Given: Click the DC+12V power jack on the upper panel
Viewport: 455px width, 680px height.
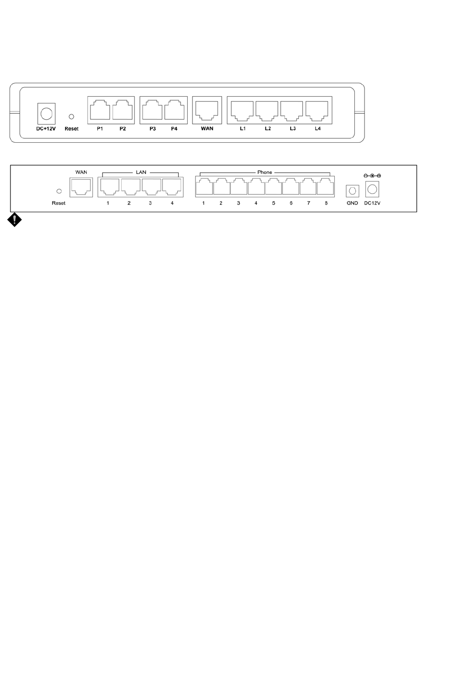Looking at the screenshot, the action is coord(46,113).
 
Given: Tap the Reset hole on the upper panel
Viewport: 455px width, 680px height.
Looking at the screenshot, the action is coord(71,116).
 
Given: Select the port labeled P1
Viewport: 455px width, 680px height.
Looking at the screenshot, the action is coord(100,111).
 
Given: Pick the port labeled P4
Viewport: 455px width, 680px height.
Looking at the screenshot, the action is coord(174,111).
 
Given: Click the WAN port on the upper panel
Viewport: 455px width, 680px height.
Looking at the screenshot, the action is coord(207,111).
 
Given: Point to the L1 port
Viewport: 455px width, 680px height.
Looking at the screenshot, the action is coord(243,111).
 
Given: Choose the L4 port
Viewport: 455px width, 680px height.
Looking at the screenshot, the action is coord(317,111).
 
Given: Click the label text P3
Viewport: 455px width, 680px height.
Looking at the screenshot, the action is coord(152,129).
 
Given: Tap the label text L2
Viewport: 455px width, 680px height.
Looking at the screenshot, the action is coord(268,129).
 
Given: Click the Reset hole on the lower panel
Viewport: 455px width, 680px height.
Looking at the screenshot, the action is coord(59,191).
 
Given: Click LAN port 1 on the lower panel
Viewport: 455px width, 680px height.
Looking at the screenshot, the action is coord(109,187).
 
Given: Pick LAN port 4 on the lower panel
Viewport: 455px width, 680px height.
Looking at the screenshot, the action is coord(171,187).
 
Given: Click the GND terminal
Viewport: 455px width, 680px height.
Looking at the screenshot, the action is coord(352,191).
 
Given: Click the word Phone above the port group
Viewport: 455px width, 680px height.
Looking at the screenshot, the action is coord(264,172).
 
